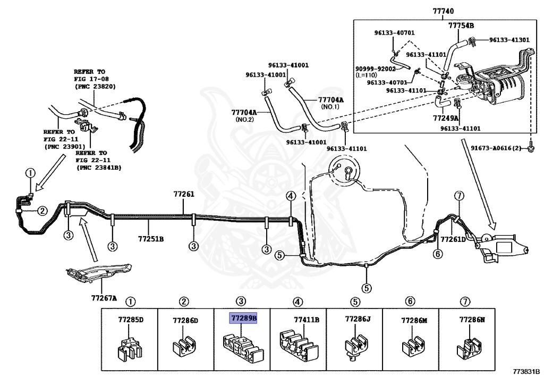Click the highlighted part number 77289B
coord(243,317)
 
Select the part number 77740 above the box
coord(443,11)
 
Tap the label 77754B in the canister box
coord(461,26)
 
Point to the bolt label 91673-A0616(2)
coord(496,148)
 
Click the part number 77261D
coord(453,239)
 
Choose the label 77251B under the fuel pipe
coord(150,239)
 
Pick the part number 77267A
coord(104,298)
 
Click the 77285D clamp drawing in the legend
coord(129,348)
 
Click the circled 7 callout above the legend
coord(465,302)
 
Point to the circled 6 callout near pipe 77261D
coord(438,254)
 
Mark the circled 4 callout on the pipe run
coord(291,196)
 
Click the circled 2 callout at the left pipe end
coord(42,211)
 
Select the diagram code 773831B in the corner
coord(526,371)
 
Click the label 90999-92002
coord(376,69)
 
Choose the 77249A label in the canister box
coord(446,118)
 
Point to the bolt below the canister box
coord(531,148)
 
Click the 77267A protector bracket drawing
coord(99,272)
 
